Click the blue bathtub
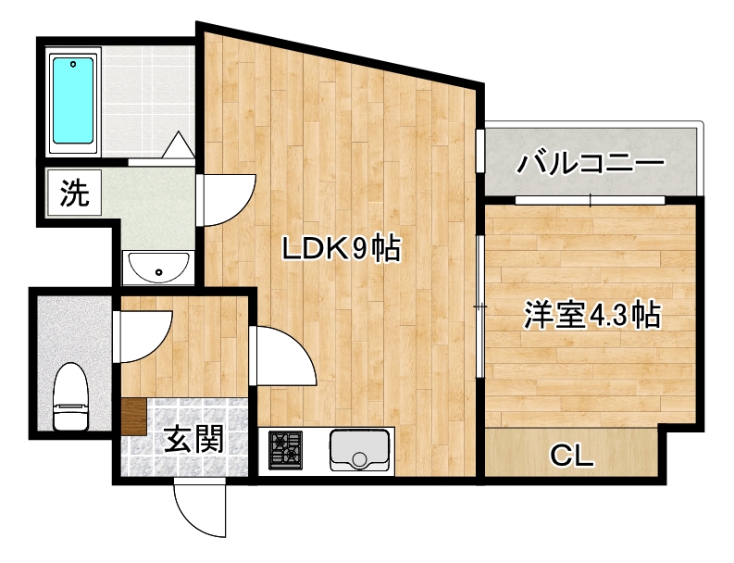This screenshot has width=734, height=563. click(x=73, y=100)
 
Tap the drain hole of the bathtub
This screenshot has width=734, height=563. click(x=73, y=64)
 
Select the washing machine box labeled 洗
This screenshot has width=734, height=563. click(x=74, y=193)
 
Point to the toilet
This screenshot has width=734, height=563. click(x=70, y=396)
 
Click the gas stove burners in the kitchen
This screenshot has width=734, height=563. click(x=285, y=451)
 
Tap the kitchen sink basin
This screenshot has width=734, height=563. click(x=359, y=450)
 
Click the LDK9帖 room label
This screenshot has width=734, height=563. click(x=342, y=249)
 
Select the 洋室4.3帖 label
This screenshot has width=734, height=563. click(x=591, y=315)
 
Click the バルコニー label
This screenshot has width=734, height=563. click(x=591, y=163)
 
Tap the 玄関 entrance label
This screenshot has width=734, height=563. click(x=193, y=439)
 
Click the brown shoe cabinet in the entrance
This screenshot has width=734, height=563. click(x=134, y=417)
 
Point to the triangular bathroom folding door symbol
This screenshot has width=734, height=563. click(x=179, y=145)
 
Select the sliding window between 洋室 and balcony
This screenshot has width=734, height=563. click(x=590, y=200)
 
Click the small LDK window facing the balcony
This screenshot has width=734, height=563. click(x=480, y=150)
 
